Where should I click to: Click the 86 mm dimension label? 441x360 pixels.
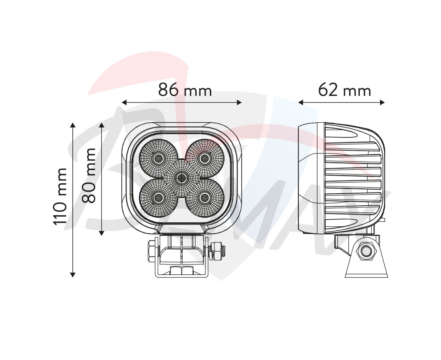(185, 90)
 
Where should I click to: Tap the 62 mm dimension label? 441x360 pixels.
(344, 90)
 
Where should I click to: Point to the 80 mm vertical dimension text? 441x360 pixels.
(89, 176)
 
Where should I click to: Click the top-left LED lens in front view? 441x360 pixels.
(158, 158)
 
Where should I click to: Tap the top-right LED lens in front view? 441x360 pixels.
(205, 158)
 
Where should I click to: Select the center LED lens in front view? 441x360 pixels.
(182, 178)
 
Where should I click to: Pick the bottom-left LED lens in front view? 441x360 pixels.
(158, 197)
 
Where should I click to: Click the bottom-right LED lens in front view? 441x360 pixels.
(205, 197)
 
